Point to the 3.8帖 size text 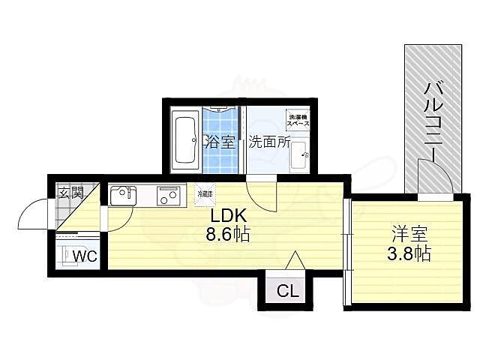click(408, 253)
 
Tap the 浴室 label click(220, 142)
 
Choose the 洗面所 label click(269, 142)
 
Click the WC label click(84, 256)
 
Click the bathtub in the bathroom click(184, 140)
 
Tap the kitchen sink click(122, 196)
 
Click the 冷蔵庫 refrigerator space click(205, 194)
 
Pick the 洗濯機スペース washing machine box click(297, 119)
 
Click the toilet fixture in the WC click(68, 255)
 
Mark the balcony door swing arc click(439, 180)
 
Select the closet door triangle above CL click(295, 259)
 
